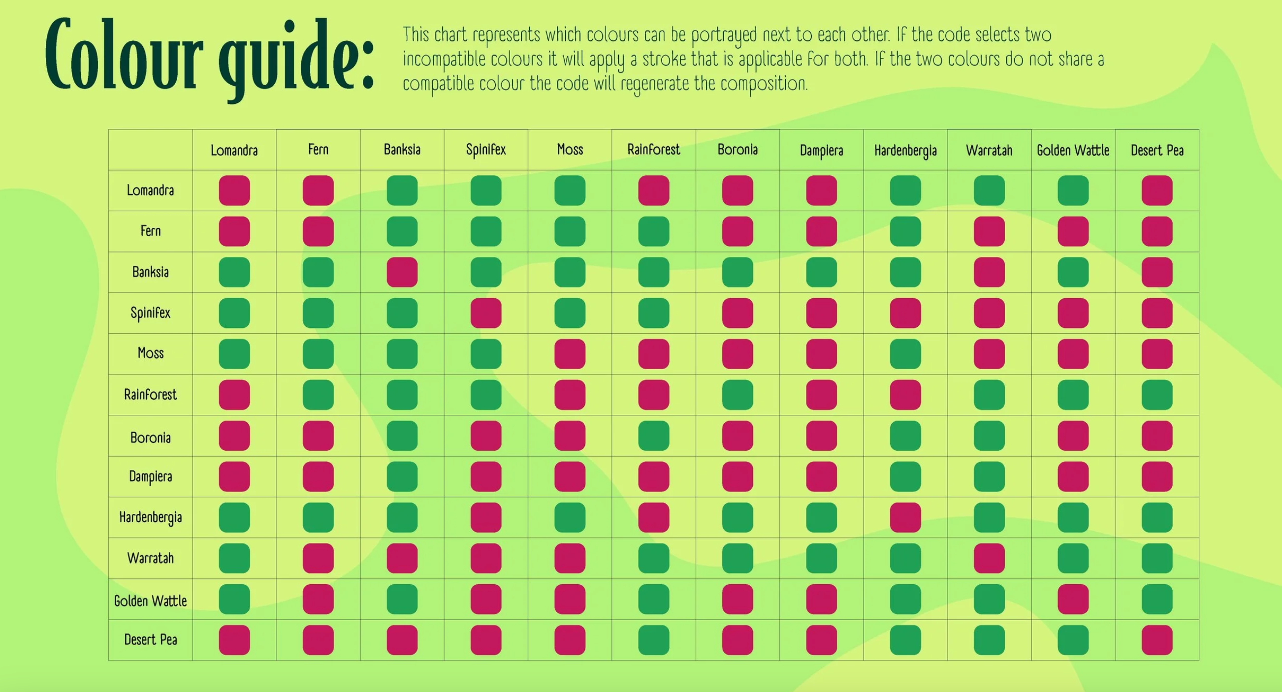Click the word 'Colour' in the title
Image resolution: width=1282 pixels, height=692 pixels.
click(x=125, y=55)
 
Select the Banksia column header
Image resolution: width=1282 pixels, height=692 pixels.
click(x=402, y=150)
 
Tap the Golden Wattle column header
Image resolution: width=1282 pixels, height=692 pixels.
click(x=1073, y=150)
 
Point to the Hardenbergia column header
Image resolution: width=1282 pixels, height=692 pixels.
click(x=905, y=150)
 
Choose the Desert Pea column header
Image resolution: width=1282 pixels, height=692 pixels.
click(x=1157, y=150)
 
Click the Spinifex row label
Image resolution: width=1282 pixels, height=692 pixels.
click(x=150, y=313)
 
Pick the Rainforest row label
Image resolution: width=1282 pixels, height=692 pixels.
click(x=150, y=395)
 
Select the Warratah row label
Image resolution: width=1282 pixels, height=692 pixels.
click(x=150, y=558)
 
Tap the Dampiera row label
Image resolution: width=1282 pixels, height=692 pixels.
click(x=150, y=476)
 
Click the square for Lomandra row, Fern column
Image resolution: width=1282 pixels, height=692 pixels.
click(x=318, y=190)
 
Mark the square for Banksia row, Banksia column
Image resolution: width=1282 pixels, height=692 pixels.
click(x=402, y=272)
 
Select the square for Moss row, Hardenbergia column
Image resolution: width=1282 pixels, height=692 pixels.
click(x=905, y=354)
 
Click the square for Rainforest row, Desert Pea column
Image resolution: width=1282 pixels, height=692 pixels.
click(x=1157, y=395)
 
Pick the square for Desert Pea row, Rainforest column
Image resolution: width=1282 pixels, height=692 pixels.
click(x=653, y=640)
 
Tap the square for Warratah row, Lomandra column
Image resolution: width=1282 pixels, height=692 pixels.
click(x=234, y=558)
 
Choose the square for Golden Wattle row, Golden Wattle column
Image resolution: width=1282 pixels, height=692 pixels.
click(x=1073, y=599)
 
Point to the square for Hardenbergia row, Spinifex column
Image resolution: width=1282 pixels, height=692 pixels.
click(x=486, y=517)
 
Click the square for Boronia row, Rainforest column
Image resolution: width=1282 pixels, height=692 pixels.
click(x=653, y=436)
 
